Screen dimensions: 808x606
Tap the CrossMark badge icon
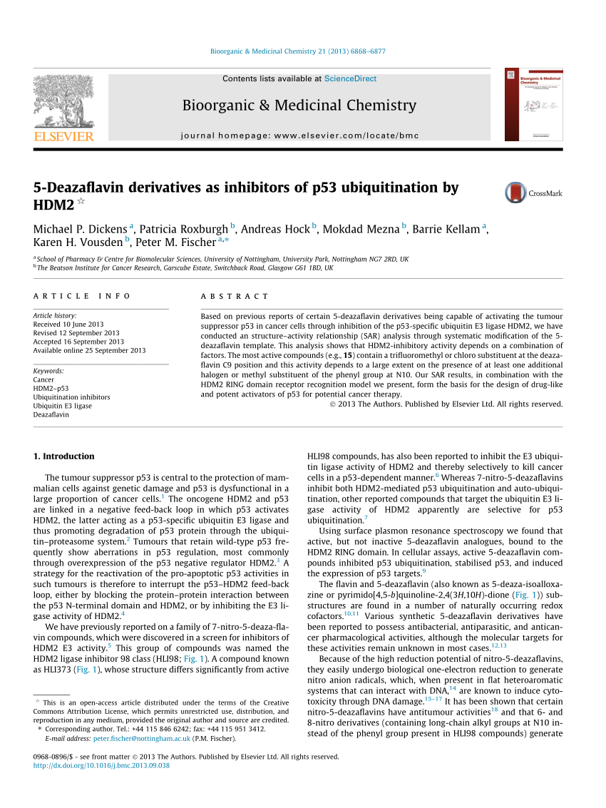(515, 193)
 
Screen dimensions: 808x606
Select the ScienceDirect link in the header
(350, 78)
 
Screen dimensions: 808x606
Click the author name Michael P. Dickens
(81, 229)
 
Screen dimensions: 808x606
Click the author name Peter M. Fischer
(180, 242)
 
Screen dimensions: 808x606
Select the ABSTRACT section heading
(235, 296)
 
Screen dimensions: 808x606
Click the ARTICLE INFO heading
(82, 296)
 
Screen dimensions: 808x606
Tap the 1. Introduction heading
(64, 456)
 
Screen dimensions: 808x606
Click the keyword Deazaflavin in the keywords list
(51, 414)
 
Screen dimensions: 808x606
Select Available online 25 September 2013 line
(89, 350)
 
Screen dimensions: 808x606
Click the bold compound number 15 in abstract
(349, 354)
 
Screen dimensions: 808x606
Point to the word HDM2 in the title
(53, 205)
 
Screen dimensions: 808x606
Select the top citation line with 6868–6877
(298, 51)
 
